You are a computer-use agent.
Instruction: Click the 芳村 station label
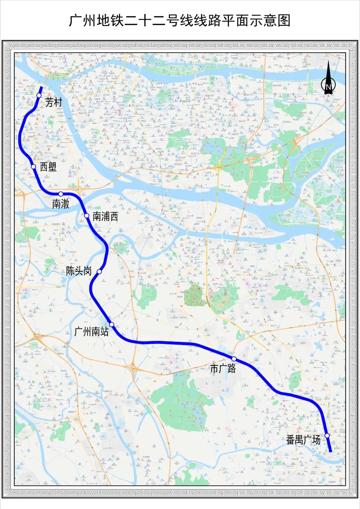pyautogui.click(x=54, y=102)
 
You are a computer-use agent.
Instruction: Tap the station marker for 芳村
pyautogui.click(x=39, y=95)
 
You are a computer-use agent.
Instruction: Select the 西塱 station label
pyautogui.click(x=48, y=167)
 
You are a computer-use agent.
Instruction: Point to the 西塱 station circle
pyautogui.click(x=33, y=167)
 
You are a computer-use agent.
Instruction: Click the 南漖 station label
pyautogui.click(x=61, y=204)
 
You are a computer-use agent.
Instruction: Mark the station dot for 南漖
pyautogui.click(x=61, y=194)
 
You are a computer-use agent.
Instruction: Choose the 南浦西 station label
pyautogui.click(x=105, y=216)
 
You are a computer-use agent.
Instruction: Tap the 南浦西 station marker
pyautogui.click(x=87, y=216)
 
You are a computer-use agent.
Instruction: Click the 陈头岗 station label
pyautogui.click(x=79, y=271)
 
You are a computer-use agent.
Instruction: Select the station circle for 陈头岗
pyautogui.click(x=99, y=272)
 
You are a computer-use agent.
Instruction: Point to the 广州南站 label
pyautogui.click(x=91, y=332)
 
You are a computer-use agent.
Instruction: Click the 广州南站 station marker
pyautogui.click(x=112, y=324)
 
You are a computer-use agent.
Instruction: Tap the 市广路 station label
pyautogui.click(x=223, y=368)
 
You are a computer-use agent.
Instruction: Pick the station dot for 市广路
pyautogui.click(x=234, y=359)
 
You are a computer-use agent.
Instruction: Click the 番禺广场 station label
pyautogui.click(x=303, y=440)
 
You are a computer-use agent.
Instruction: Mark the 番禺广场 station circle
pyautogui.click(x=327, y=435)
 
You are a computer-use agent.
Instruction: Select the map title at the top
pyautogui.click(x=180, y=20)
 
